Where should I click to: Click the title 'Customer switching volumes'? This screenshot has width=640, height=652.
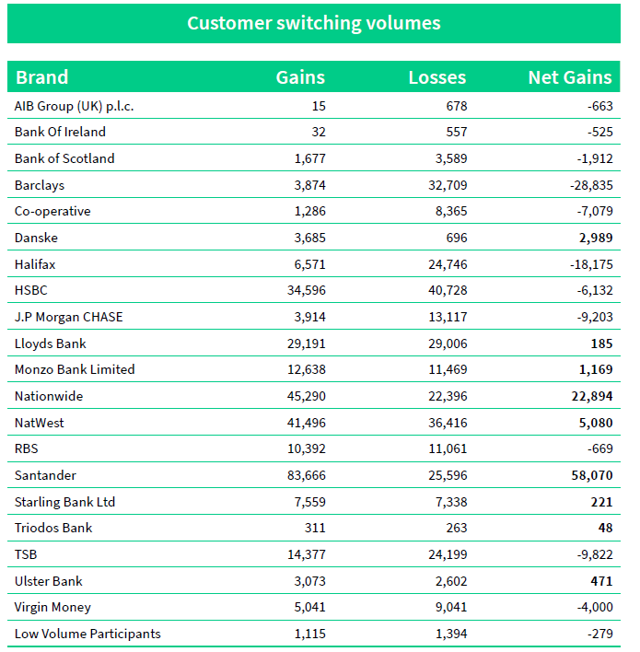[x=314, y=23]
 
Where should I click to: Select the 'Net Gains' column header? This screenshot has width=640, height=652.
[x=570, y=77]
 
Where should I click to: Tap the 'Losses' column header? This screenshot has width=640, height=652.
[x=436, y=77]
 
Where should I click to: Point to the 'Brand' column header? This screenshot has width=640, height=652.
[x=42, y=77]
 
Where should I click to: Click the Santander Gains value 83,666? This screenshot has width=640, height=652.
[x=304, y=475]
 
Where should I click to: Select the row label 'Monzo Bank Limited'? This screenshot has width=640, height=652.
[x=75, y=369]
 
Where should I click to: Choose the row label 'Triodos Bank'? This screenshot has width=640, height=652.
[x=53, y=528]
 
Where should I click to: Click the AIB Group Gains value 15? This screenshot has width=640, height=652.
[x=318, y=106]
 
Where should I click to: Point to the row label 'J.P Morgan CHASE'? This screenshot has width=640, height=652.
[x=68, y=317]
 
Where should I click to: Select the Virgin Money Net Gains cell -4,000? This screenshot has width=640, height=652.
[x=590, y=607]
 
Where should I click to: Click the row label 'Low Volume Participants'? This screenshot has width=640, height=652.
[x=87, y=634]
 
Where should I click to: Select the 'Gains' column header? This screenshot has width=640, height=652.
[x=300, y=77]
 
